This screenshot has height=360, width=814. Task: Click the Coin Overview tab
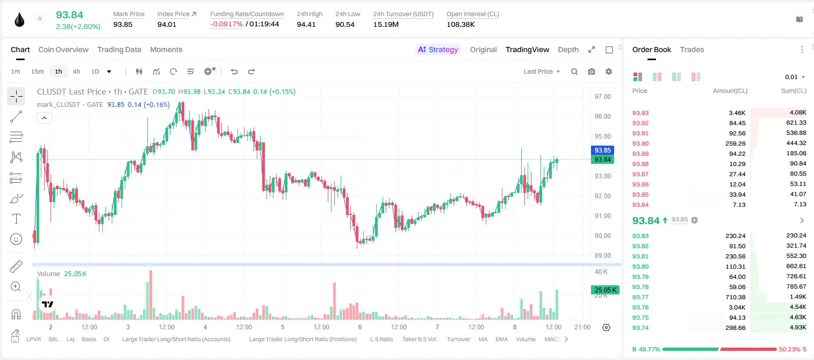coord(63,49)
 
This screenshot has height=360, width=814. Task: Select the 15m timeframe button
coord(37,71)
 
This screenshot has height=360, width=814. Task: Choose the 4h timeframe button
coord(76,71)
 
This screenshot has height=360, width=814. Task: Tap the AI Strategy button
coord(438,49)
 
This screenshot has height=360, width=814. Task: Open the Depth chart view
coord(568,49)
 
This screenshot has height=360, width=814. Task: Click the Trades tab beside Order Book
coord(692,49)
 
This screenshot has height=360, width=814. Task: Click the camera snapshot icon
coord(592,71)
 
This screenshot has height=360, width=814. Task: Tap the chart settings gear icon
coord(609,71)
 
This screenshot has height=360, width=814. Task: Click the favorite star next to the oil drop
coord(40,18)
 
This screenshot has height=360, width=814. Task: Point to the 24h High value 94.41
coord(306,24)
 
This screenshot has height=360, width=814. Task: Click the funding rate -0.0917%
coord(226,24)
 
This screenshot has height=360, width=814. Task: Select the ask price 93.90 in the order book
coord(640,143)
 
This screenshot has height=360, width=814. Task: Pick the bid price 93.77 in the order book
coord(640,297)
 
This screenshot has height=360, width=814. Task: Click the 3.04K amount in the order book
coord(737,307)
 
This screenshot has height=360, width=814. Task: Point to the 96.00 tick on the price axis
coord(602,117)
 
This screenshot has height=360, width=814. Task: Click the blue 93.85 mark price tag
coord(602,150)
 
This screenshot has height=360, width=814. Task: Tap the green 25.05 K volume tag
coord(605,290)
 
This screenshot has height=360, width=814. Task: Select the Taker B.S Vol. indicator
coord(419,339)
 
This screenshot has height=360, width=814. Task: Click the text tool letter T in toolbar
coord(16,219)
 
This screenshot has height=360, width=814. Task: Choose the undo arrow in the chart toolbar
coord(234,71)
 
